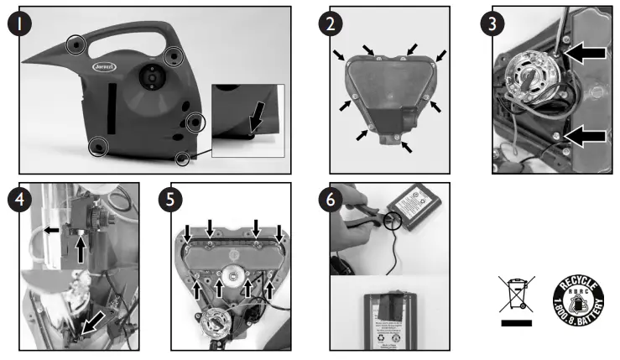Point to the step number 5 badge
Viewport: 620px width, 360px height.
pyautogui.click(x=172, y=201)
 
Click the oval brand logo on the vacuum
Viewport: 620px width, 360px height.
pyautogui.click(x=103, y=65)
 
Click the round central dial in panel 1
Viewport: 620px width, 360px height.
pyautogui.click(x=151, y=77)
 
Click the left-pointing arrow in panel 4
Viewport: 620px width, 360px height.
pyautogui.click(x=51, y=227)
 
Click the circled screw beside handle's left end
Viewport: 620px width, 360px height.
pyautogui.click(x=76, y=42)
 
